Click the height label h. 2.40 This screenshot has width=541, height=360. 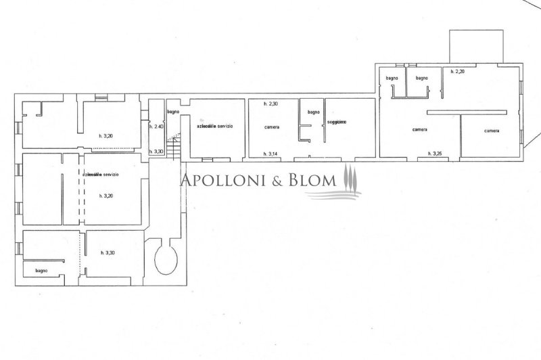tap(156, 127)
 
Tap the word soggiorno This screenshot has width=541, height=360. tap(337, 122)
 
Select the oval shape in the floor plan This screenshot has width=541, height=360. tap(165, 258)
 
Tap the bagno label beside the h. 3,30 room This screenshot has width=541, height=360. tap(42, 271)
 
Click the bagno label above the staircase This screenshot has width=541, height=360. tap(173, 111)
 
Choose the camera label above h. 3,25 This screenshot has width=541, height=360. tap(423, 130)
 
